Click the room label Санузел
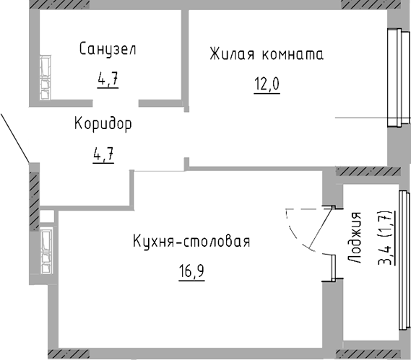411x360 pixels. [108, 50]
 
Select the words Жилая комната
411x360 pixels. [266, 54]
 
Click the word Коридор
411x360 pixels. [103, 125]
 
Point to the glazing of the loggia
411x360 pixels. [399, 267]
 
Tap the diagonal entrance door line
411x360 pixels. [14, 137]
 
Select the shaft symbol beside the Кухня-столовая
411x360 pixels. [46, 250]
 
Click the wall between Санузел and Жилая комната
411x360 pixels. [185, 54]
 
